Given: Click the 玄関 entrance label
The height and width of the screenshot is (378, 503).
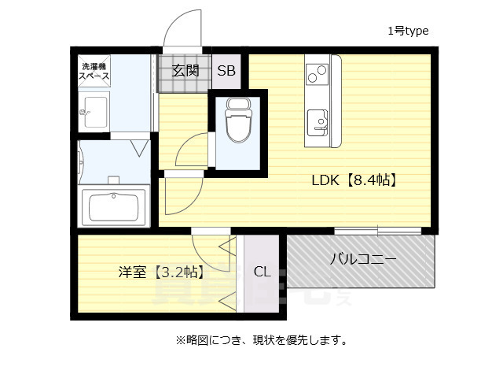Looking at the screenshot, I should point(185,70).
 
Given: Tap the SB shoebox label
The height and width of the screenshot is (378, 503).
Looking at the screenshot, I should point(226,70).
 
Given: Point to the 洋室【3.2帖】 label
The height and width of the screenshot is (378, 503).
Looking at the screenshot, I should point(161,272).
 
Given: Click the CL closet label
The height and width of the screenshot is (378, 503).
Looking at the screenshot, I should point(262,272).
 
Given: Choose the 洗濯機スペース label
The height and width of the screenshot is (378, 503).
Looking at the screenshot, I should point(94,72).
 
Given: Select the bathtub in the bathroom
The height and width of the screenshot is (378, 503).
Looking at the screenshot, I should point(113,207).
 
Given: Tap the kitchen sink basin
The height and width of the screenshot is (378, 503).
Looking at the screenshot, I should point(319,121).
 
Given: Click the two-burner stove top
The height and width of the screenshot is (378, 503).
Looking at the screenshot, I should point(319,73).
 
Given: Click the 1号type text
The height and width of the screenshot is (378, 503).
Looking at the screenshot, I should point(407,31).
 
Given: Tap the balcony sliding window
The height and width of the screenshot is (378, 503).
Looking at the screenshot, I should point(377,231).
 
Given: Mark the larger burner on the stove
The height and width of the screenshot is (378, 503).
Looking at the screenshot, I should point(321,76).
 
